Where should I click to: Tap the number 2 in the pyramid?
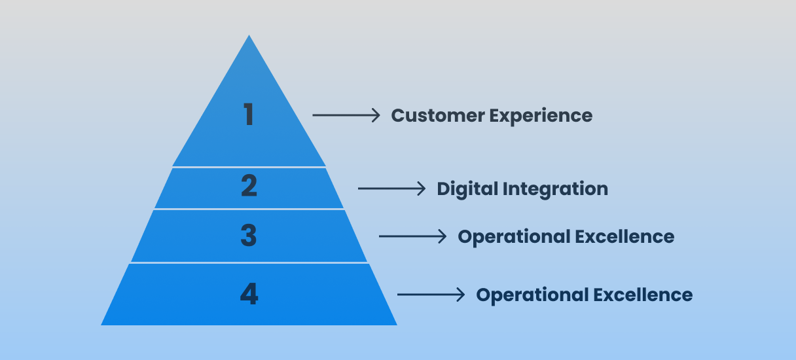[x=249, y=187]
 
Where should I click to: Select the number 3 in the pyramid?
[x=249, y=236]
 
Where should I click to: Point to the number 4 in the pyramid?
[x=249, y=294]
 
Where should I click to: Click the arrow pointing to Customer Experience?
[x=346, y=115]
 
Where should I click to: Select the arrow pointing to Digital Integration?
[x=391, y=189]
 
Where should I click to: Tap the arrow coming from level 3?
[x=412, y=236]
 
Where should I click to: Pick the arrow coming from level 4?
[x=431, y=295]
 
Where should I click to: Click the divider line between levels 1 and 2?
[x=249, y=167]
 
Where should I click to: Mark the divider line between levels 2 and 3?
[x=249, y=209]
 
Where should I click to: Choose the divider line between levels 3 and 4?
[x=249, y=263]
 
